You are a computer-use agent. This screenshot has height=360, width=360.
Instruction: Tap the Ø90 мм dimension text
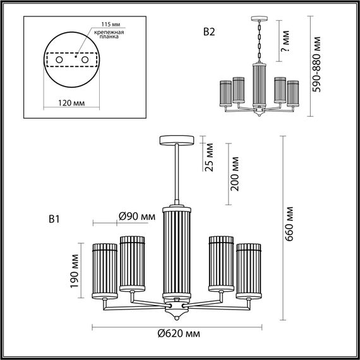(x=137, y=217)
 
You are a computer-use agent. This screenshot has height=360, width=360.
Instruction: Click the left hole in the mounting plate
(x=59, y=59)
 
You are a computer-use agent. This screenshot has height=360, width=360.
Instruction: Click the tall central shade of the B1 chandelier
(x=177, y=253)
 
